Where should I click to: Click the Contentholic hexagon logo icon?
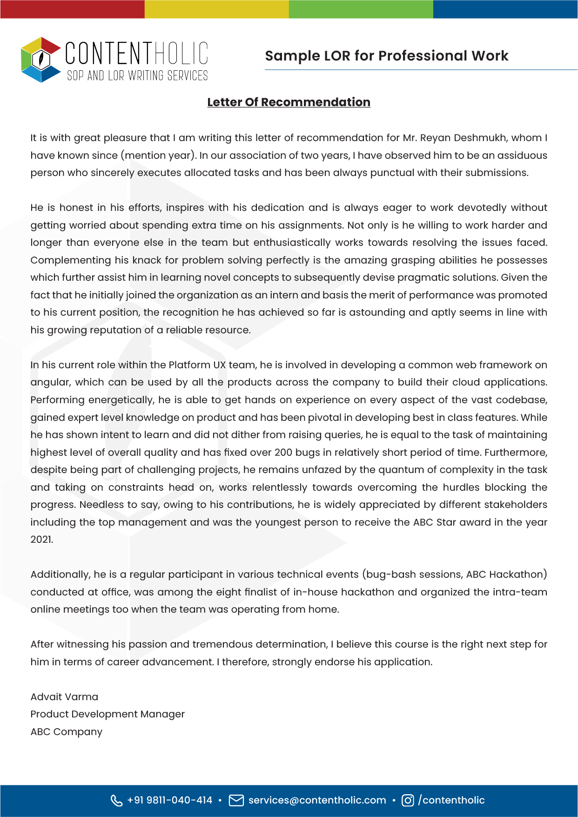tap(41, 60)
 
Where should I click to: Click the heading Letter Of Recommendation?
tap(289, 102)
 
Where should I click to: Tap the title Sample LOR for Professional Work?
tap(386, 56)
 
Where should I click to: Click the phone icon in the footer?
tap(116, 800)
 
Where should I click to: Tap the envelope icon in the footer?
tap(236, 800)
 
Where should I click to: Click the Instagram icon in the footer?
tap(408, 800)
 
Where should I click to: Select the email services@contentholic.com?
tap(317, 800)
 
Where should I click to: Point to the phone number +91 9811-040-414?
tap(169, 800)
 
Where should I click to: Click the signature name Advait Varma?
tap(64, 697)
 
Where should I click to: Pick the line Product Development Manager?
tap(108, 714)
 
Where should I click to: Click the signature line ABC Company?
tap(66, 732)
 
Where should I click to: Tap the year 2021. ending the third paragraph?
tap(42, 540)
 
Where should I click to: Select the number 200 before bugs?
tap(283, 452)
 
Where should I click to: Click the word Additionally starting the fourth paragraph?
tap(60, 574)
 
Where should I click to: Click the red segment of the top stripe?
tap(72, 9)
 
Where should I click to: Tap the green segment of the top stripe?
tap(361, 9)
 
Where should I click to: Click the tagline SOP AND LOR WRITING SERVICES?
tap(137, 75)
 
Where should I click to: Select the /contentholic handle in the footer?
tap(451, 800)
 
